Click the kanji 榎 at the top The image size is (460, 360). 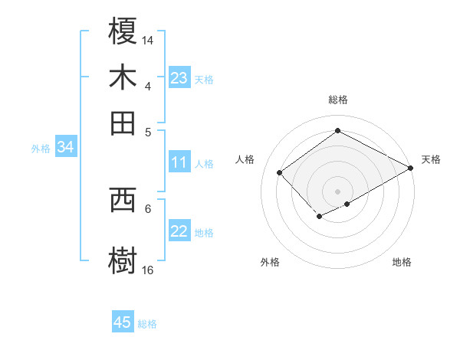point(123,32)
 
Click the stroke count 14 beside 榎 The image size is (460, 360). point(148,40)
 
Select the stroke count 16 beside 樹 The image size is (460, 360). point(148,270)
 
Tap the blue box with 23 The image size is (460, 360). point(179,78)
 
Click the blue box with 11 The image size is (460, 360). point(179,162)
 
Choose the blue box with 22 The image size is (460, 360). point(179,232)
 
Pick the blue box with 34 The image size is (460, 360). point(65,148)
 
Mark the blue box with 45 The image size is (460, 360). point(123,322)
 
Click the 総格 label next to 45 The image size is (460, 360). point(147,324)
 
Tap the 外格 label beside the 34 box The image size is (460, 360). point(41,149)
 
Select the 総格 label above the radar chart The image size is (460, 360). point(338,100)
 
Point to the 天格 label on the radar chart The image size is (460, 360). point(431,159)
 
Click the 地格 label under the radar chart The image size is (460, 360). point(402,262)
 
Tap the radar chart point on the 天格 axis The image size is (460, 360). point(411,169)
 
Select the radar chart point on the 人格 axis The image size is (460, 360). point(280,172)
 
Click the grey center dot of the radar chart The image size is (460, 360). point(338,191)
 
